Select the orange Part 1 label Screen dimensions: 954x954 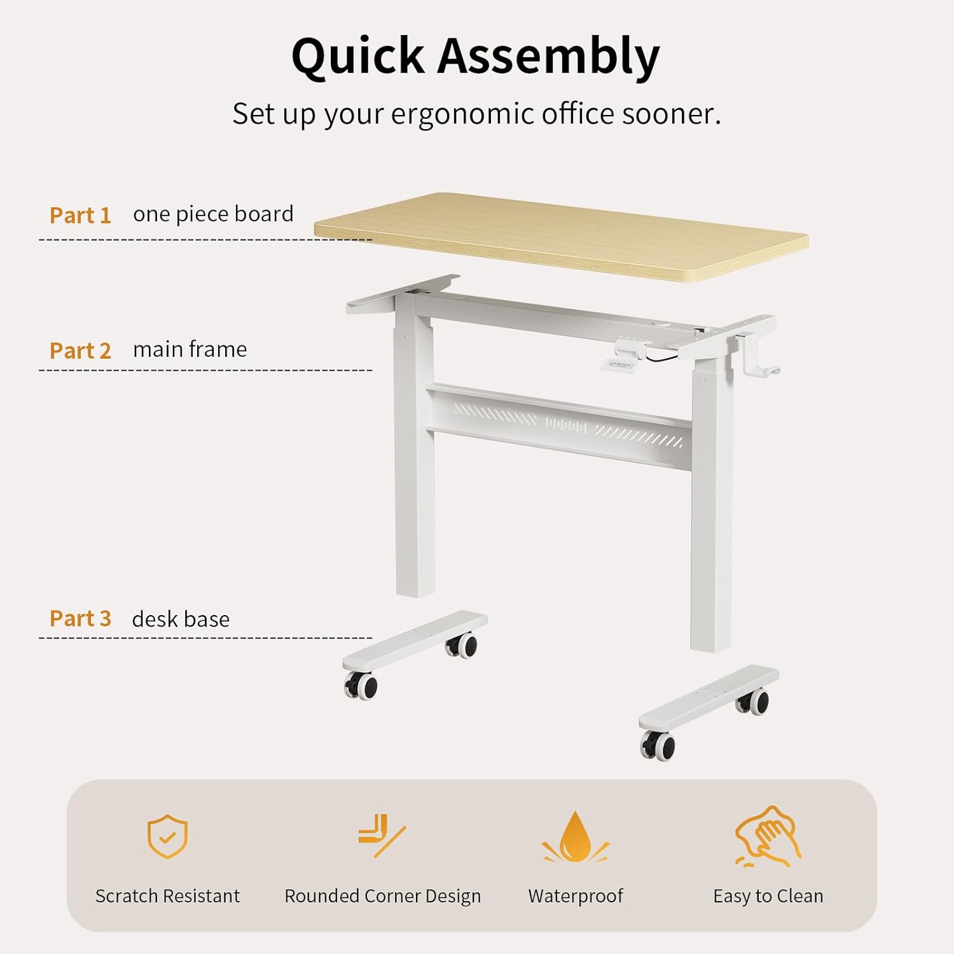[x=80, y=216]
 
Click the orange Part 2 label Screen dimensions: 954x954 [x=80, y=350]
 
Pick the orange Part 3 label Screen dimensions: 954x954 [x=80, y=619]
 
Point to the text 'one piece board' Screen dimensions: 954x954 [x=213, y=214]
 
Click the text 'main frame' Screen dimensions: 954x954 [x=190, y=349]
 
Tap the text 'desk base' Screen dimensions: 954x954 [x=181, y=619]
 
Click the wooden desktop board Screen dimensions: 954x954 [x=560, y=235]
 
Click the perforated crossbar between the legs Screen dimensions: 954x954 [x=560, y=423]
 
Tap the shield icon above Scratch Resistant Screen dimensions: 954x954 [x=167, y=836]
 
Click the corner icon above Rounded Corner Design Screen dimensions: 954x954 [x=380, y=835]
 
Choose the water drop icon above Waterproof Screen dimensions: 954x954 [x=575, y=838]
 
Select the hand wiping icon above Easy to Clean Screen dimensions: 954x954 [x=768, y=836]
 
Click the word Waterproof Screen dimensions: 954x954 [x=575, y=896]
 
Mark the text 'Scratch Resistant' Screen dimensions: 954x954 [x=167, y=896]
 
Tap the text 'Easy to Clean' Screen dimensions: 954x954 [x=768, y=896]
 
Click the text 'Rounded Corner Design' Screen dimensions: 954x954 [x=382, y=896]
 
